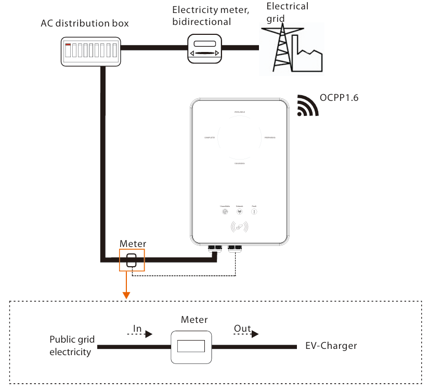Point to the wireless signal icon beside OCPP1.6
308,106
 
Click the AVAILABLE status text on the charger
239,112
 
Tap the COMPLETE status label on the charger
210,137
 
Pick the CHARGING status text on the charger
239,163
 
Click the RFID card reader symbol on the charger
239,227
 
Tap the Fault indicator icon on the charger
254,211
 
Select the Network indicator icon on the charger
239,211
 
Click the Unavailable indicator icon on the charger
225,211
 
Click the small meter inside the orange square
132,260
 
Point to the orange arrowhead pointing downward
126,295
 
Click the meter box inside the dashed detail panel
191,347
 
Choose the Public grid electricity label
72,346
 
